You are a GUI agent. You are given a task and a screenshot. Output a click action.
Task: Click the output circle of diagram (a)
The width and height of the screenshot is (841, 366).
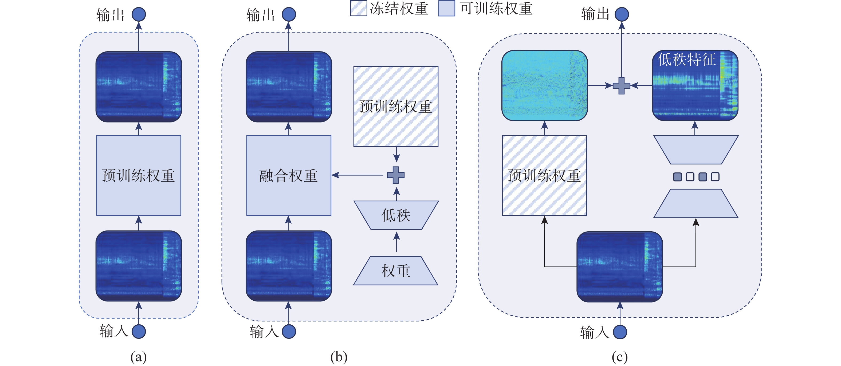139,15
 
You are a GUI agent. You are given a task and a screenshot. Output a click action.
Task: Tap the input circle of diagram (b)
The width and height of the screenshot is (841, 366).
289,331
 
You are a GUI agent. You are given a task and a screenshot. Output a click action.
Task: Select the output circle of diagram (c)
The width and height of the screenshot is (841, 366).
622,15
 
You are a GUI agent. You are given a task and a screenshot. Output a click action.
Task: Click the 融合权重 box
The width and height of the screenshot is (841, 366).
289,176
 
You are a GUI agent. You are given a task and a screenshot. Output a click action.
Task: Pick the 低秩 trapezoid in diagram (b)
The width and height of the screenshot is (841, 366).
396,215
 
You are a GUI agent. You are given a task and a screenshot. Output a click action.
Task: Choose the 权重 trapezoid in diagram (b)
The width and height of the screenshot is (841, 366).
396,271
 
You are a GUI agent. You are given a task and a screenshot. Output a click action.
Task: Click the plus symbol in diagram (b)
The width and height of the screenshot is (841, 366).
396,175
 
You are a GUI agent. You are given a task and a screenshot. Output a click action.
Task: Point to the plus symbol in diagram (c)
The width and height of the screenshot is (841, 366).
621,86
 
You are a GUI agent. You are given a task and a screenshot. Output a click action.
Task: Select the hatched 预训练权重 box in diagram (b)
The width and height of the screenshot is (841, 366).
396,106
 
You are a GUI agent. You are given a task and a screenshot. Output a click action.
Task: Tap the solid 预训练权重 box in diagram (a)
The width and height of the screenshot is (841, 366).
139,176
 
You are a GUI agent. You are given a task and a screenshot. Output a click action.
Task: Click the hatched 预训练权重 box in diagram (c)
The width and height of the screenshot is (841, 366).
544,176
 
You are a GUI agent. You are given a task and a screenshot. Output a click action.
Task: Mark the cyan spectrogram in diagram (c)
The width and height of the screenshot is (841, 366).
544,85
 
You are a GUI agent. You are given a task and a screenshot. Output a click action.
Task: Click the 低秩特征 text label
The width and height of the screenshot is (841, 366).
686,60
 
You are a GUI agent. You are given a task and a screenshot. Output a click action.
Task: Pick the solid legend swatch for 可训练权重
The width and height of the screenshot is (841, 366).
447,8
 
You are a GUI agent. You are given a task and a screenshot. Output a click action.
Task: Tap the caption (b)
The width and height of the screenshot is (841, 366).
339,357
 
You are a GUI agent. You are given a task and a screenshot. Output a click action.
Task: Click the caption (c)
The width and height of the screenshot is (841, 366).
619,357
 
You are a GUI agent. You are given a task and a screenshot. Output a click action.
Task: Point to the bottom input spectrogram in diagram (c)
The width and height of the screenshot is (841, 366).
619,267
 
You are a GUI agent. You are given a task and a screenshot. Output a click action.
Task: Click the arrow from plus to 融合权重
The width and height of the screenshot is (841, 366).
357,175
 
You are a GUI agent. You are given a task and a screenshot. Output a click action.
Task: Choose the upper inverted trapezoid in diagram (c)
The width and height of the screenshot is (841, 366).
696,150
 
